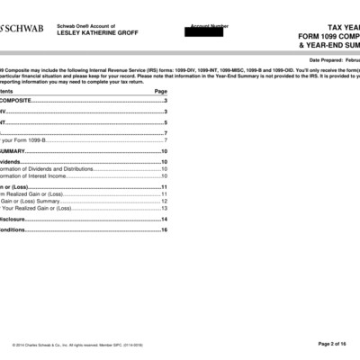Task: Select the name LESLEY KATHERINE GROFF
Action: pos(97,33)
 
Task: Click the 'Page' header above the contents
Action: pos(161,92)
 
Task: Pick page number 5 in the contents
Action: pos(166,121)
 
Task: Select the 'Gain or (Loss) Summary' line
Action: pos(36,201)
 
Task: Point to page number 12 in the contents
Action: pos(164,201)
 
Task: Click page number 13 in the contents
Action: pos(164,208)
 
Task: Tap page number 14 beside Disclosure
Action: pos(164,219)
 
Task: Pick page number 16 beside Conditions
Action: pos(164,229)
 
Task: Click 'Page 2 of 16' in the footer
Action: pos(337,344)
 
